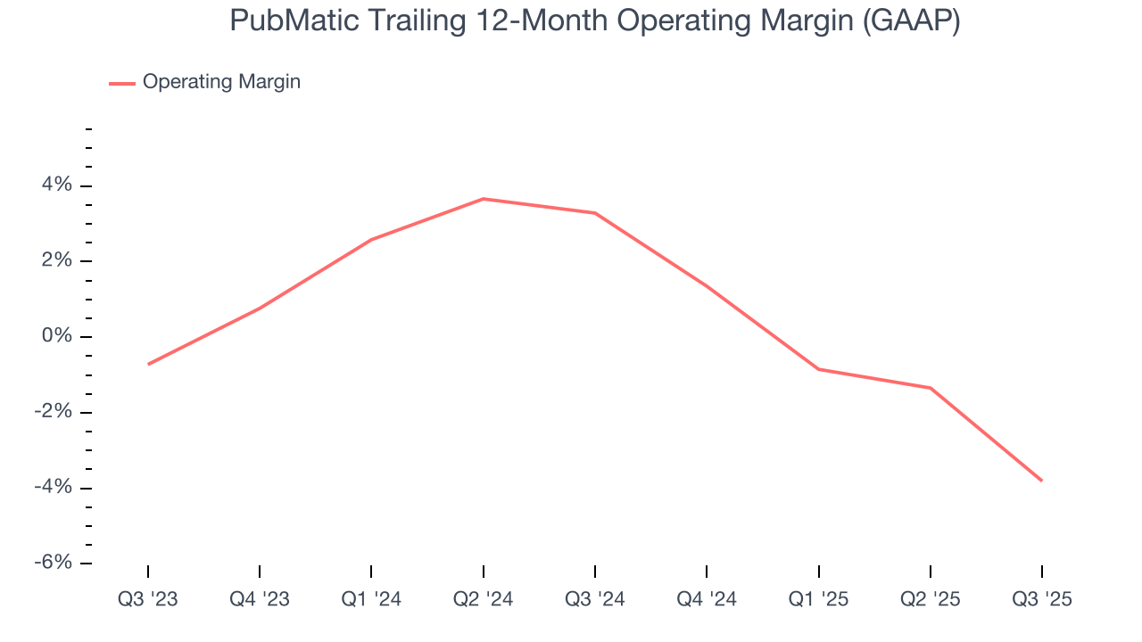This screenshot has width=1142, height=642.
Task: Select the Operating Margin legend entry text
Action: pyautogui.click(x=221, y=82)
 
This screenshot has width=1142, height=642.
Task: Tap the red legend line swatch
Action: pyautogui.click(x=122, y=83)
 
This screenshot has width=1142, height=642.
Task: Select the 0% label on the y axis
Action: pyautogui.click(x=57, y=336)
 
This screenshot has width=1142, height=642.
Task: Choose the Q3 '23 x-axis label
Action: pyautogui.click(x=148, y=599)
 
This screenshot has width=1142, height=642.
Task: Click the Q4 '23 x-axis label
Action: pyautogui.click(x=260, y=599)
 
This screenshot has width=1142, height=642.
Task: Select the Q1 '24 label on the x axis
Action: pyautogui.click(x=371, y=599)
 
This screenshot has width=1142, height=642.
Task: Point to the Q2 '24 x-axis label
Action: pyautogui.click(x=483, y=599)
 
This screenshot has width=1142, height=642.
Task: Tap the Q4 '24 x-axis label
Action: pyautogui.click(x=707, y=599)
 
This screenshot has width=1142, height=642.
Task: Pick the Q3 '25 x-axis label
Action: pyautogui.click(x=1041, y=599)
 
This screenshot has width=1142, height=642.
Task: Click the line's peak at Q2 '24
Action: pyautogui.click(x=483, y=199)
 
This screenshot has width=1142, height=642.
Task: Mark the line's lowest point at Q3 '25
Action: pyautogui.click(x=1041, y=481)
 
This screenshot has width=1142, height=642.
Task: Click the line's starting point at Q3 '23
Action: pyautogui.click(x=148, y=364)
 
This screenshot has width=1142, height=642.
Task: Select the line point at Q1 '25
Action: pyautogui.click(x=818, y=369)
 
